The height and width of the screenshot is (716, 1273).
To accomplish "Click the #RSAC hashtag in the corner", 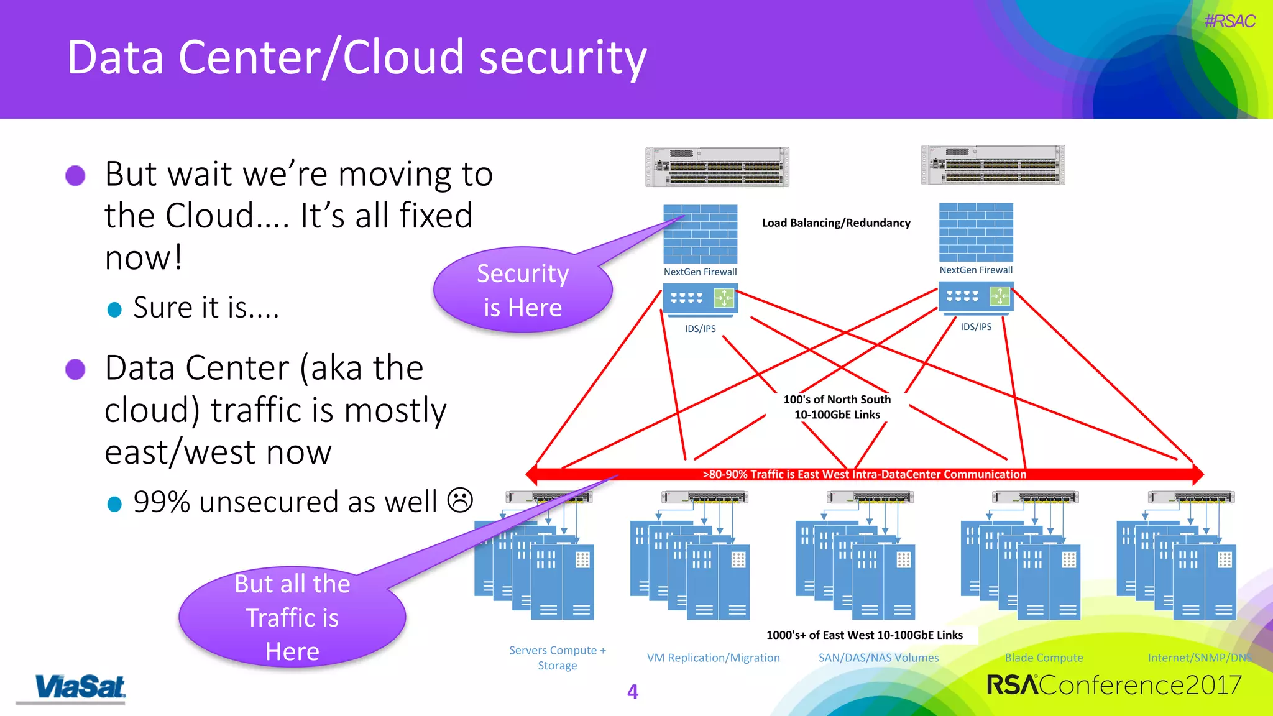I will coord(1229,21).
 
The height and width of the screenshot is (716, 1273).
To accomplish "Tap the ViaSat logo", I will coord(80,687).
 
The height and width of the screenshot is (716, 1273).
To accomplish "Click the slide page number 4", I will coord(633,692).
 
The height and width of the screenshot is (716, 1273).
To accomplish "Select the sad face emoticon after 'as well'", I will coord(461,500).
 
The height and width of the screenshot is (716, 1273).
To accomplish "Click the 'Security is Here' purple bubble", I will coord(522,290).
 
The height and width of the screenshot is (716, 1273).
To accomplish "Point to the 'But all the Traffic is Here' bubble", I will coord(292,617).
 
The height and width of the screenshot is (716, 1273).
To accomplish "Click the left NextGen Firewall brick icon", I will coord(700,234).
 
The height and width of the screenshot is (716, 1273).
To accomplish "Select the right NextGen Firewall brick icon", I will coord(976,232).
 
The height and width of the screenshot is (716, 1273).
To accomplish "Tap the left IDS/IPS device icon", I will coord(700,299).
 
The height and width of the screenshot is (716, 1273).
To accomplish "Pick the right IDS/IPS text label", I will coord(976,327).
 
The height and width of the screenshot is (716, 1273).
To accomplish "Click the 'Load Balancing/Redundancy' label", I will coord(836,223).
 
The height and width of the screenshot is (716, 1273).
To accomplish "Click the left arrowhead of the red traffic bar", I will coord(531,474).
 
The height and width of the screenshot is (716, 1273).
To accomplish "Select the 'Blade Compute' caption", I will coord(1044,658).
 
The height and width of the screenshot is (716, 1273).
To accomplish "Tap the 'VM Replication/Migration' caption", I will coord(713,658).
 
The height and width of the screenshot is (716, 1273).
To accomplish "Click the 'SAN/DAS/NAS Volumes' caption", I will coord(878,658).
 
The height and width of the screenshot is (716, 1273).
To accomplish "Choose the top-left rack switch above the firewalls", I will coord(717,167).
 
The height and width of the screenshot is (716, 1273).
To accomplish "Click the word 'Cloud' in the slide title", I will coord(403,57).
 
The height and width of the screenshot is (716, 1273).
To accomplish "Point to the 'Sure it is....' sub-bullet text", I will coord(206,308).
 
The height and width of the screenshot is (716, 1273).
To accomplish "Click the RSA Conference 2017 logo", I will coord(1113,685).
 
